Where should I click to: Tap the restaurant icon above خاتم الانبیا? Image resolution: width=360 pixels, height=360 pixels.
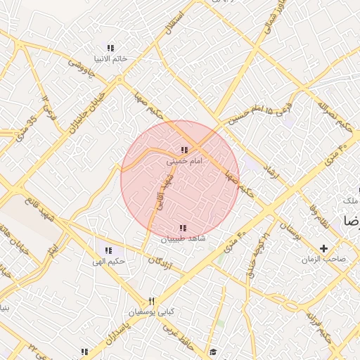(110, 48)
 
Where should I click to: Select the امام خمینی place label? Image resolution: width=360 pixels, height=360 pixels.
(184, 161)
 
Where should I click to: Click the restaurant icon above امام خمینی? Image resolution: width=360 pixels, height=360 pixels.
(184, 150)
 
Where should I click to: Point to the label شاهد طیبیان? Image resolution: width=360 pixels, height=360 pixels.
(184, 239)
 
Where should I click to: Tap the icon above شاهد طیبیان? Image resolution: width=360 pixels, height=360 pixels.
(183, 228)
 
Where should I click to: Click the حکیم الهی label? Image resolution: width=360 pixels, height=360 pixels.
(109, 262)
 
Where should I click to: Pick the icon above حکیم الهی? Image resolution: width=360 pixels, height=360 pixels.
(108, 250)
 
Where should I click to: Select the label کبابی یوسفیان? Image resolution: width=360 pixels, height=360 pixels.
(150, 311)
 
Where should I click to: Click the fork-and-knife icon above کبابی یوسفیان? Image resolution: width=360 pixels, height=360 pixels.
(150, 301)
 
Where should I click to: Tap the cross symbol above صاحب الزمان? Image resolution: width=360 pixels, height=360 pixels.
(323, 248)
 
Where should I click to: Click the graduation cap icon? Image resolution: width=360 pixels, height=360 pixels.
(212, 352)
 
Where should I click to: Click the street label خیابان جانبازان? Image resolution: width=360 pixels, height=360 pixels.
(89, 107)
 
